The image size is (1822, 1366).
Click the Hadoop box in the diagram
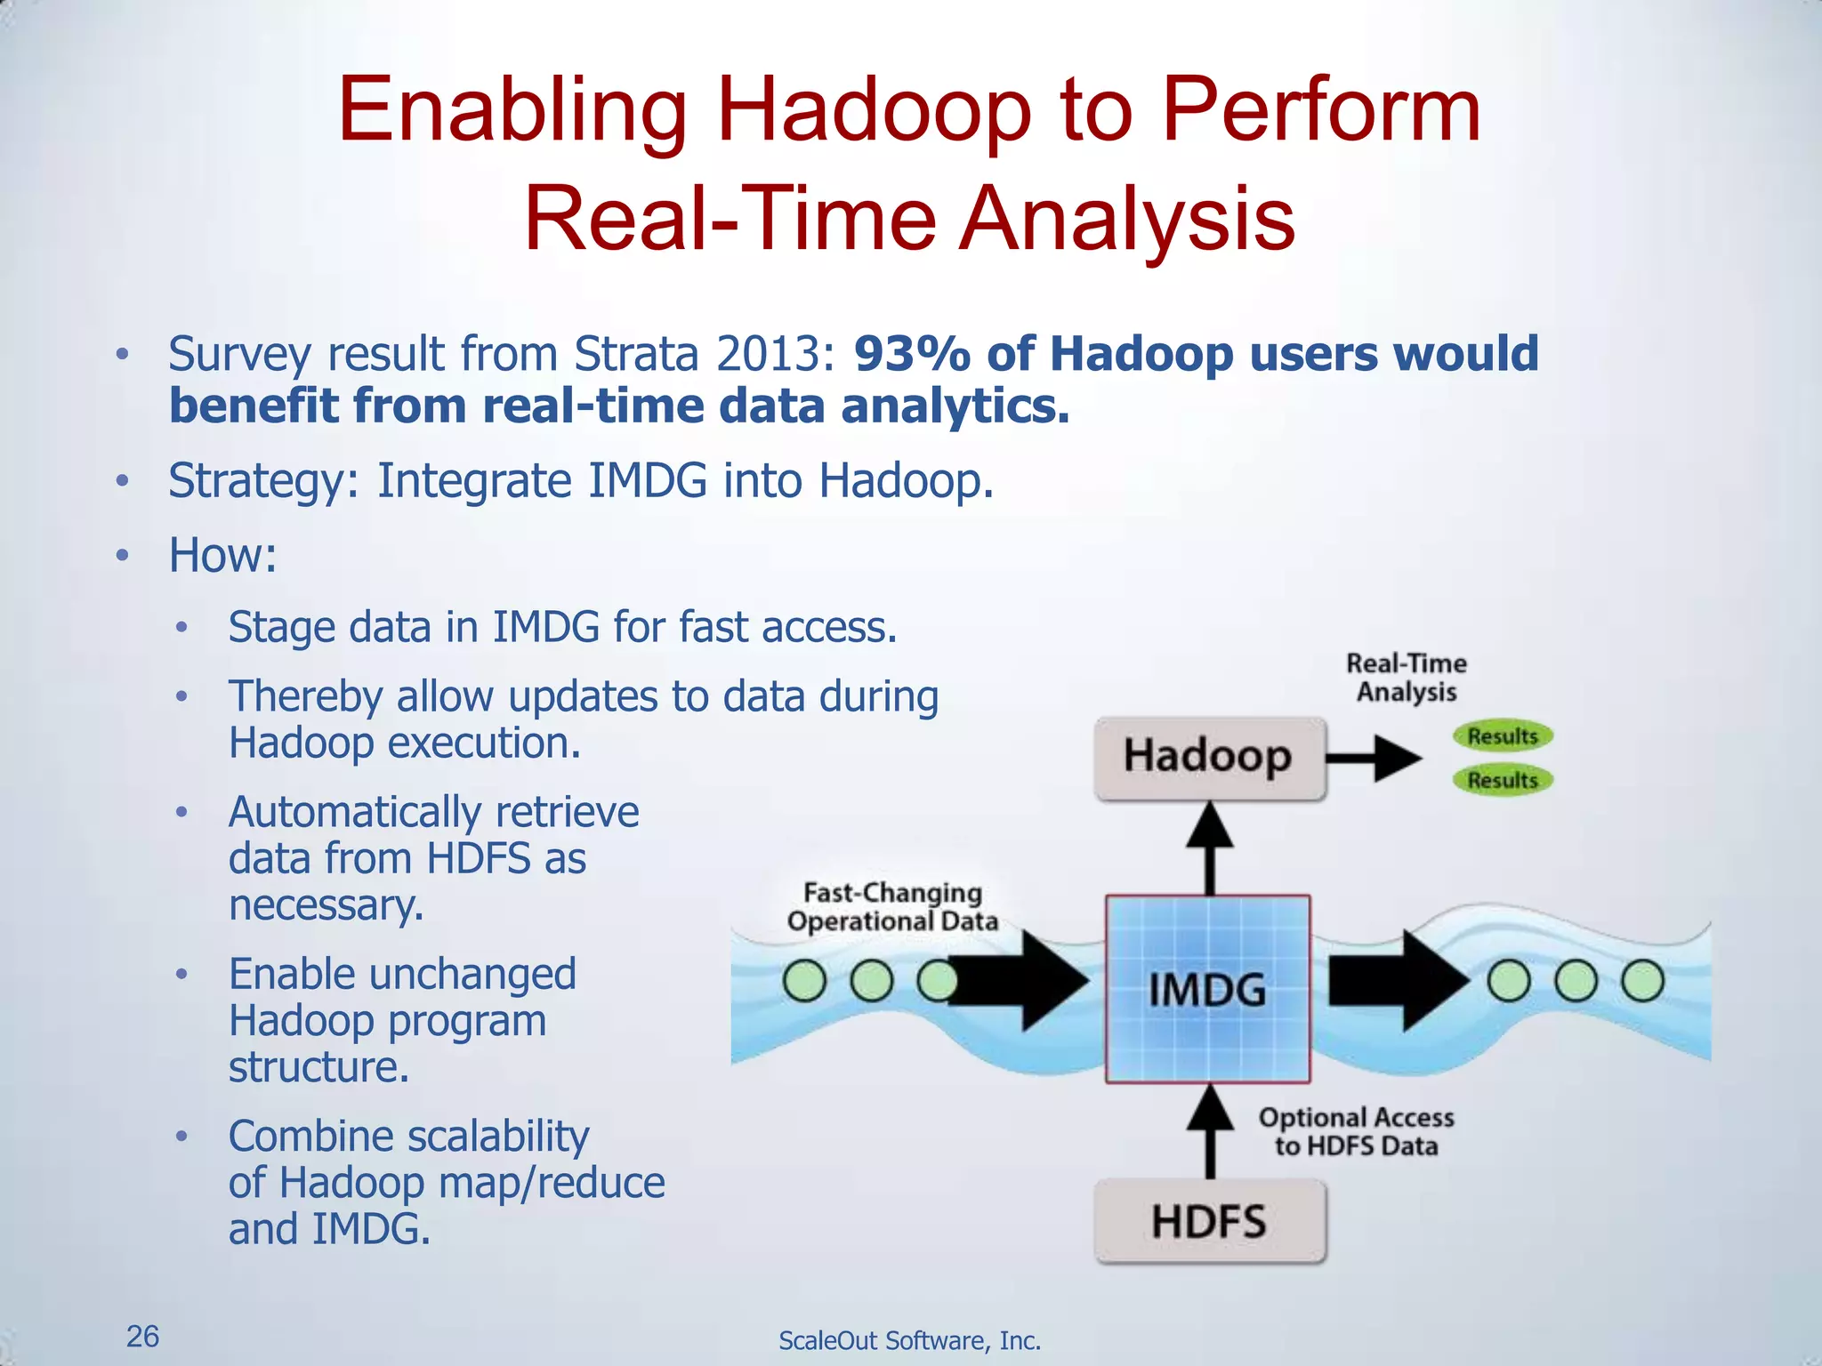1208,758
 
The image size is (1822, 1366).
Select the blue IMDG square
1207,989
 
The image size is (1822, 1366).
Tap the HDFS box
1208,1222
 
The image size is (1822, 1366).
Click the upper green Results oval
1502,736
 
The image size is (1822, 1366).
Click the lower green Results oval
1502,781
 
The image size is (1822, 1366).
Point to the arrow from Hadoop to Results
1375,759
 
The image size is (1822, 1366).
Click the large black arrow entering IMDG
1023,982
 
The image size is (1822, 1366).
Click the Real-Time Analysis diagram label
1406,678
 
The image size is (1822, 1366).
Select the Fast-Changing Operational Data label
892,907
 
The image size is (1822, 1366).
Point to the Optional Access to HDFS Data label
1356,1131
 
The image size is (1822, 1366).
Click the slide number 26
142,1337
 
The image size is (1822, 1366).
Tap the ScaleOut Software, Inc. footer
909,1340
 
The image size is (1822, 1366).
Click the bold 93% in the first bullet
912,354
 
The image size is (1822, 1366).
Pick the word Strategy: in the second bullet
263,481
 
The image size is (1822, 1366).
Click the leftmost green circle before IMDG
805,982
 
